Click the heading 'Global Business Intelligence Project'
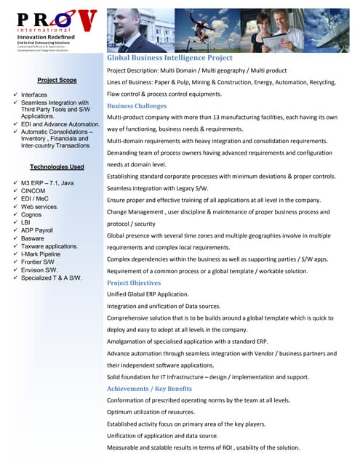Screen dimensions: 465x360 [x=169, y=57]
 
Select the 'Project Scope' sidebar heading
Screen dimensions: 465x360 [x=57, y=80]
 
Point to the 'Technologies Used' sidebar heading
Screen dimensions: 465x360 [x=57, y=167]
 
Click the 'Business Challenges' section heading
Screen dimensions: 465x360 [x=136, y=105]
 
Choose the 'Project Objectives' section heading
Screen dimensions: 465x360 [x=134, y=283]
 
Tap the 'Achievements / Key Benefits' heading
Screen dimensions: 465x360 [x=149, y=389]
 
